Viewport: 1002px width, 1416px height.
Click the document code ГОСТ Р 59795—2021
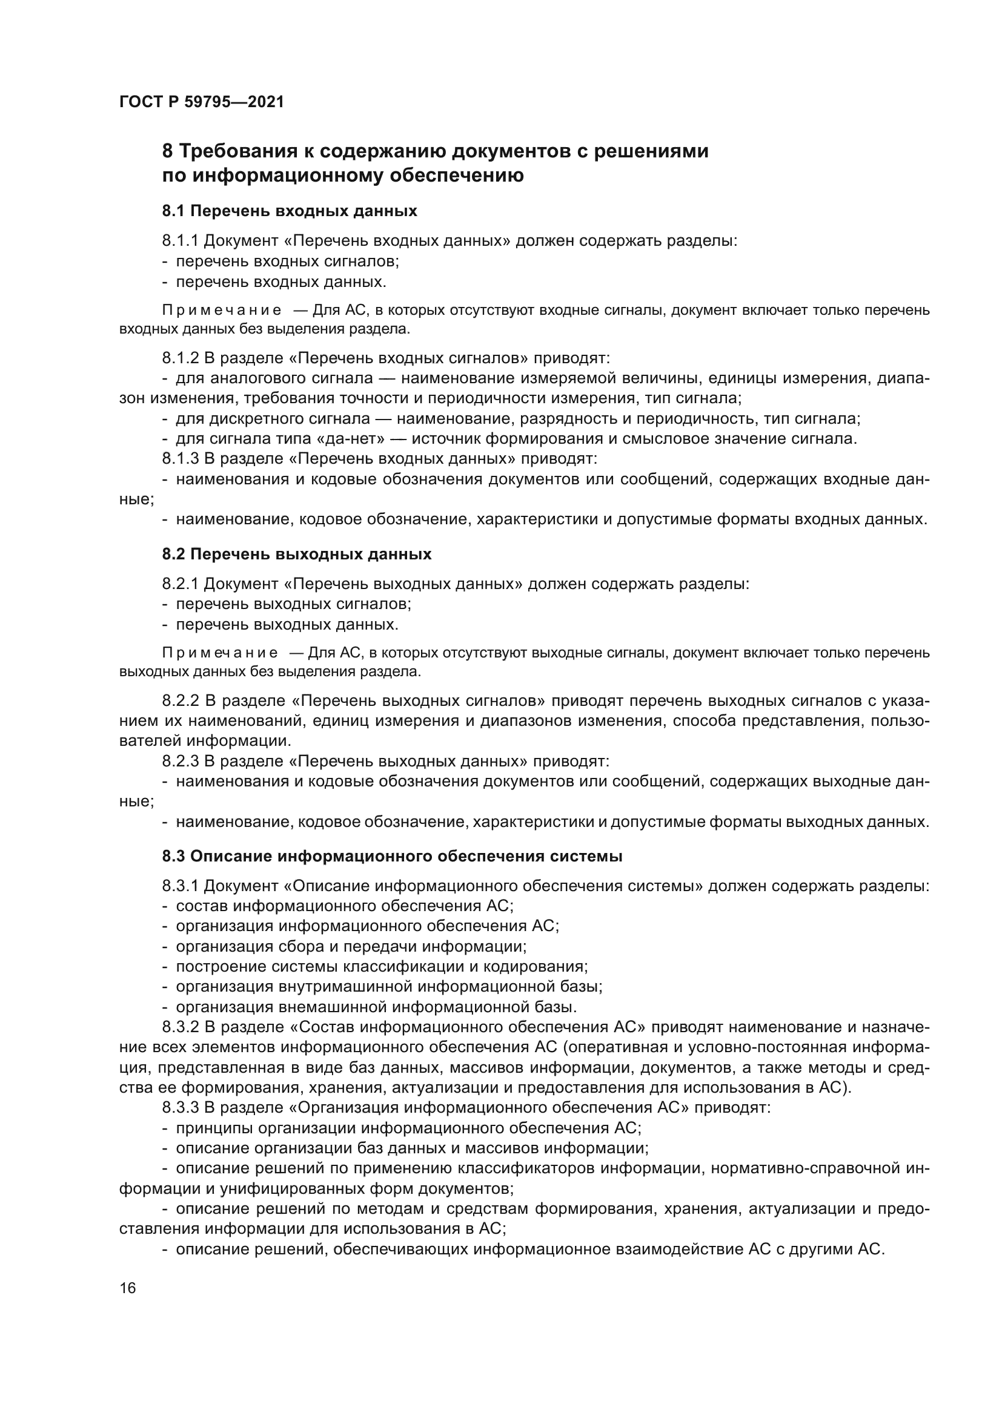pos(201,102)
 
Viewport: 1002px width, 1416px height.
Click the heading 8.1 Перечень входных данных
pos(290,211)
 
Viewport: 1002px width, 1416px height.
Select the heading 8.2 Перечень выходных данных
pos(296,554)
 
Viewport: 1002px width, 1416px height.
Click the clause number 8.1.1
pos(180,240)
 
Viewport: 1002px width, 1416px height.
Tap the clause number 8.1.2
pos(180,358)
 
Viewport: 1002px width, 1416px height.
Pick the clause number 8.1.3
pos(180,458)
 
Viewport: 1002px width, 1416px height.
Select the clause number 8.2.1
pos(180,584)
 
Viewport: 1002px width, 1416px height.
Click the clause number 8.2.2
pos(180,700)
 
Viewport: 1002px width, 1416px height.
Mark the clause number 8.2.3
pos(180,761)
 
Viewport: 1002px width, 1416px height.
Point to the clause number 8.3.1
pos(180,886)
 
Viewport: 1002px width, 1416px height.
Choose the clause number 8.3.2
pos(180,1027)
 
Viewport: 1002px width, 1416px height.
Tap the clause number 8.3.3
pos(180,1108)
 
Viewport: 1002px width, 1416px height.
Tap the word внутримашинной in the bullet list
pos(337,987)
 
